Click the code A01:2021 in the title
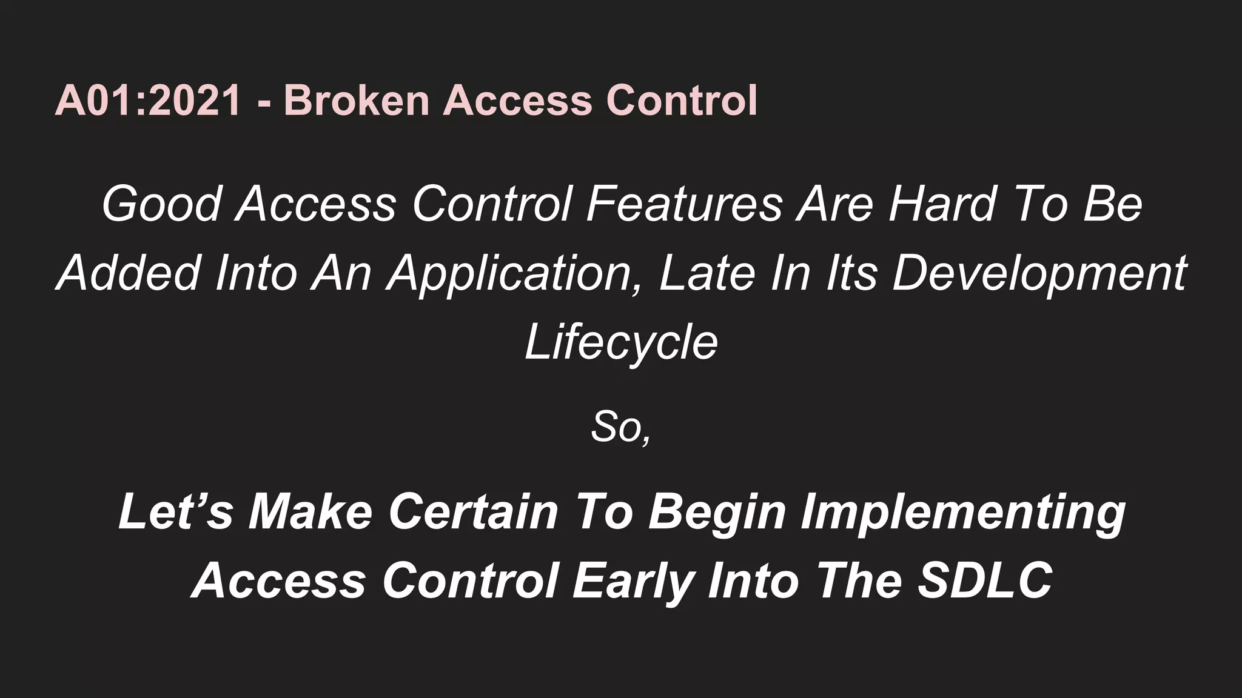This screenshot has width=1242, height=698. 148,100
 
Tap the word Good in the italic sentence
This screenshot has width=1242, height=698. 162,204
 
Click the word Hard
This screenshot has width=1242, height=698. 943,204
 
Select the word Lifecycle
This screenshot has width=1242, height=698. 621,343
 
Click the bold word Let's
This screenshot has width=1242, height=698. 176,512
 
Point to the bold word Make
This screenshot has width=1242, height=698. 310,512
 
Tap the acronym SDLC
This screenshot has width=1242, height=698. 985,580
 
